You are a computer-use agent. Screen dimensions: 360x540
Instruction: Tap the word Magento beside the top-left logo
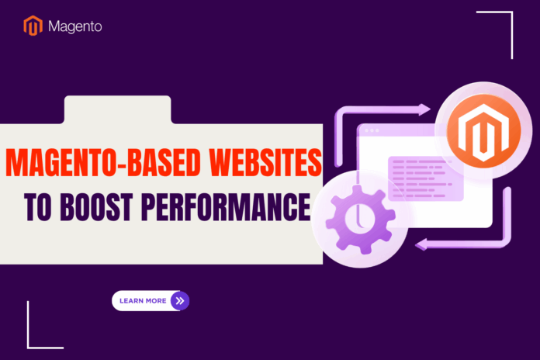pos(74,26)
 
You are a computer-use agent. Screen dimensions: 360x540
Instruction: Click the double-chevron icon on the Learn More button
pos(179,300)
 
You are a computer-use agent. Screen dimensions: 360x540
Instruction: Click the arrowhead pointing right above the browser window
pos(424,110)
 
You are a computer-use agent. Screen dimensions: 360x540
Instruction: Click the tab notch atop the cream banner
pos(117,109)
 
